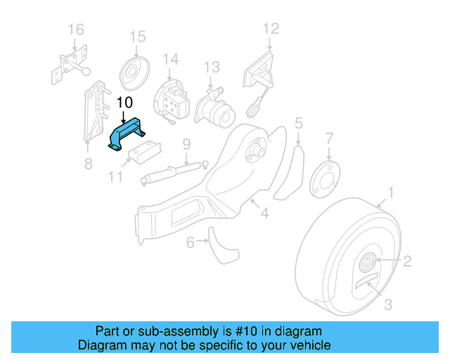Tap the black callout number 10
click(124, 103)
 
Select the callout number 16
click(75, 29)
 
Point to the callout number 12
click(271, 29)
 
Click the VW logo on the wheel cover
click(368, 266)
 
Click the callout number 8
click(88, 165)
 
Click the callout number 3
click(387, 304)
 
